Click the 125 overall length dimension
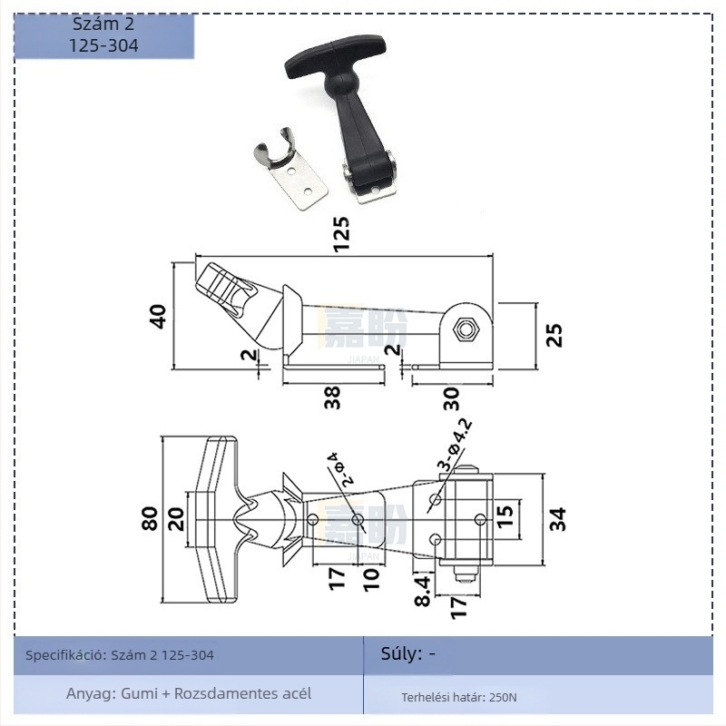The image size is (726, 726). click(340, 234)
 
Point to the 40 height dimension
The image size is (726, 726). click(158, 316)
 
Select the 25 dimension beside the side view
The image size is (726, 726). click(555, 334)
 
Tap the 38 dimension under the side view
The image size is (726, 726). click(333, 397)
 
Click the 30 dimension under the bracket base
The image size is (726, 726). click(451, 397)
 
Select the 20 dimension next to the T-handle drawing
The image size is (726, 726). click(175, 518)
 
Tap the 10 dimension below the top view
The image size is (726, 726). click(370, 579)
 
